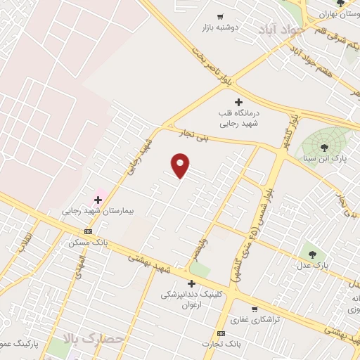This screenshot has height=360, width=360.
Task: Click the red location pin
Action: [x=181, y=165]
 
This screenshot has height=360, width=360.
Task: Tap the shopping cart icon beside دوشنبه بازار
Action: [x=220, y=16]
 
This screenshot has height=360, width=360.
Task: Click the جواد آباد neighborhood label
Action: [x=283, y=30]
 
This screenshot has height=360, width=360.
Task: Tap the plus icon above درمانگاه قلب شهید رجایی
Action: [x=238, y=102]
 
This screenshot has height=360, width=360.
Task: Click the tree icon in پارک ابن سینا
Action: [x=324, y=147]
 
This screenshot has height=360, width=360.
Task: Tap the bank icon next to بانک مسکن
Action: [x=88, y=231]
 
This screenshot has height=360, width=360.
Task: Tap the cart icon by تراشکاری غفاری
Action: [x=254, y=308]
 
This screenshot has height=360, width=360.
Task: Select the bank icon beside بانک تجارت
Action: [x=221, y=333]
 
